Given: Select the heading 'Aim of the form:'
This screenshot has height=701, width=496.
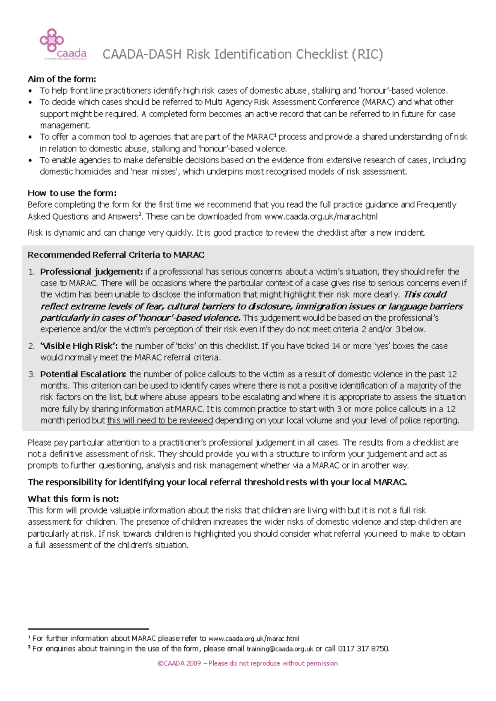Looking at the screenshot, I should point(62,79).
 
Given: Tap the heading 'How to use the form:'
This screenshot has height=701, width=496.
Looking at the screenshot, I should point(72,193).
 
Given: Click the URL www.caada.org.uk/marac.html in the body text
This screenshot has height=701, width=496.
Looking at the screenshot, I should point(321,216).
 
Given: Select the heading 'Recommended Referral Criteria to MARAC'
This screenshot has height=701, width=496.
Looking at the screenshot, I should point(116,255).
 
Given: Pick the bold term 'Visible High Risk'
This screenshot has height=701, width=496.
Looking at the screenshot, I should point(79,346).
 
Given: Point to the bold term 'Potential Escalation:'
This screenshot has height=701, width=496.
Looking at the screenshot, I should point(83,374).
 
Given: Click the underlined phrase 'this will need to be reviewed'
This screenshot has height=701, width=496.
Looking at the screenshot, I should point(160,420).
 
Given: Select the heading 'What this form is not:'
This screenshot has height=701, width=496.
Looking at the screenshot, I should point(73,499).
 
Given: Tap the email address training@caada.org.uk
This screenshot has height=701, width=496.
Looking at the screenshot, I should point(280,649).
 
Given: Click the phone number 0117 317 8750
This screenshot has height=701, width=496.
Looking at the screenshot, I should point(363,649).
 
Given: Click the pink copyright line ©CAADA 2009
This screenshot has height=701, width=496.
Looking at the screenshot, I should point(248,663).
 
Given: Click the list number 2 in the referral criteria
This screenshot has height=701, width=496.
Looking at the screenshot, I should point(31,346).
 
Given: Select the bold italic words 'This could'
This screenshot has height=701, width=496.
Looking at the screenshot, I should point(425,294).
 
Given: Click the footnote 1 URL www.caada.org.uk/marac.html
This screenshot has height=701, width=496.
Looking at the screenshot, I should point(254,638).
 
